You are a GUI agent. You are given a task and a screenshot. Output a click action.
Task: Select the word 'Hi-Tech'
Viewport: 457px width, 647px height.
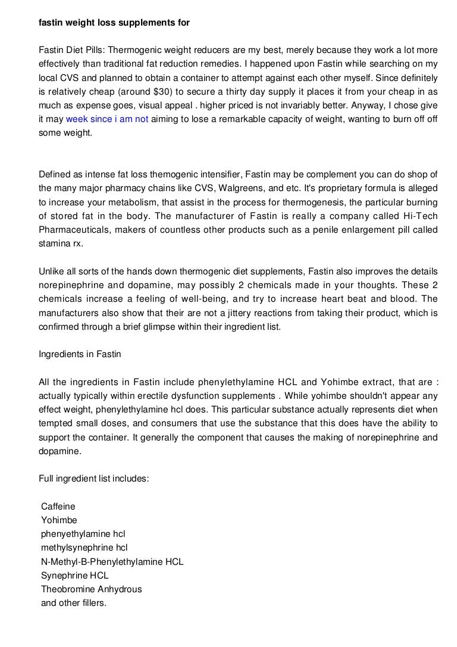[x=421, y=216]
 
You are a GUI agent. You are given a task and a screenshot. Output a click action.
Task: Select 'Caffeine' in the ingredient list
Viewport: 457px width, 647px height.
[x=58, y=507]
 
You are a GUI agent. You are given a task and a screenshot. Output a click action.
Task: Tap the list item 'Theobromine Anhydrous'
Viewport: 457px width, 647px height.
[x=91, y=589]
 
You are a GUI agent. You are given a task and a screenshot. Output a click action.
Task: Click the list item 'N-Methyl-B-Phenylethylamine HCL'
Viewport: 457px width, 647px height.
[x=112, y=561]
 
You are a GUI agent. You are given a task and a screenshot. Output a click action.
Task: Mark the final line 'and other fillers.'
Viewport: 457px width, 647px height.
[x=73, y=603]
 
